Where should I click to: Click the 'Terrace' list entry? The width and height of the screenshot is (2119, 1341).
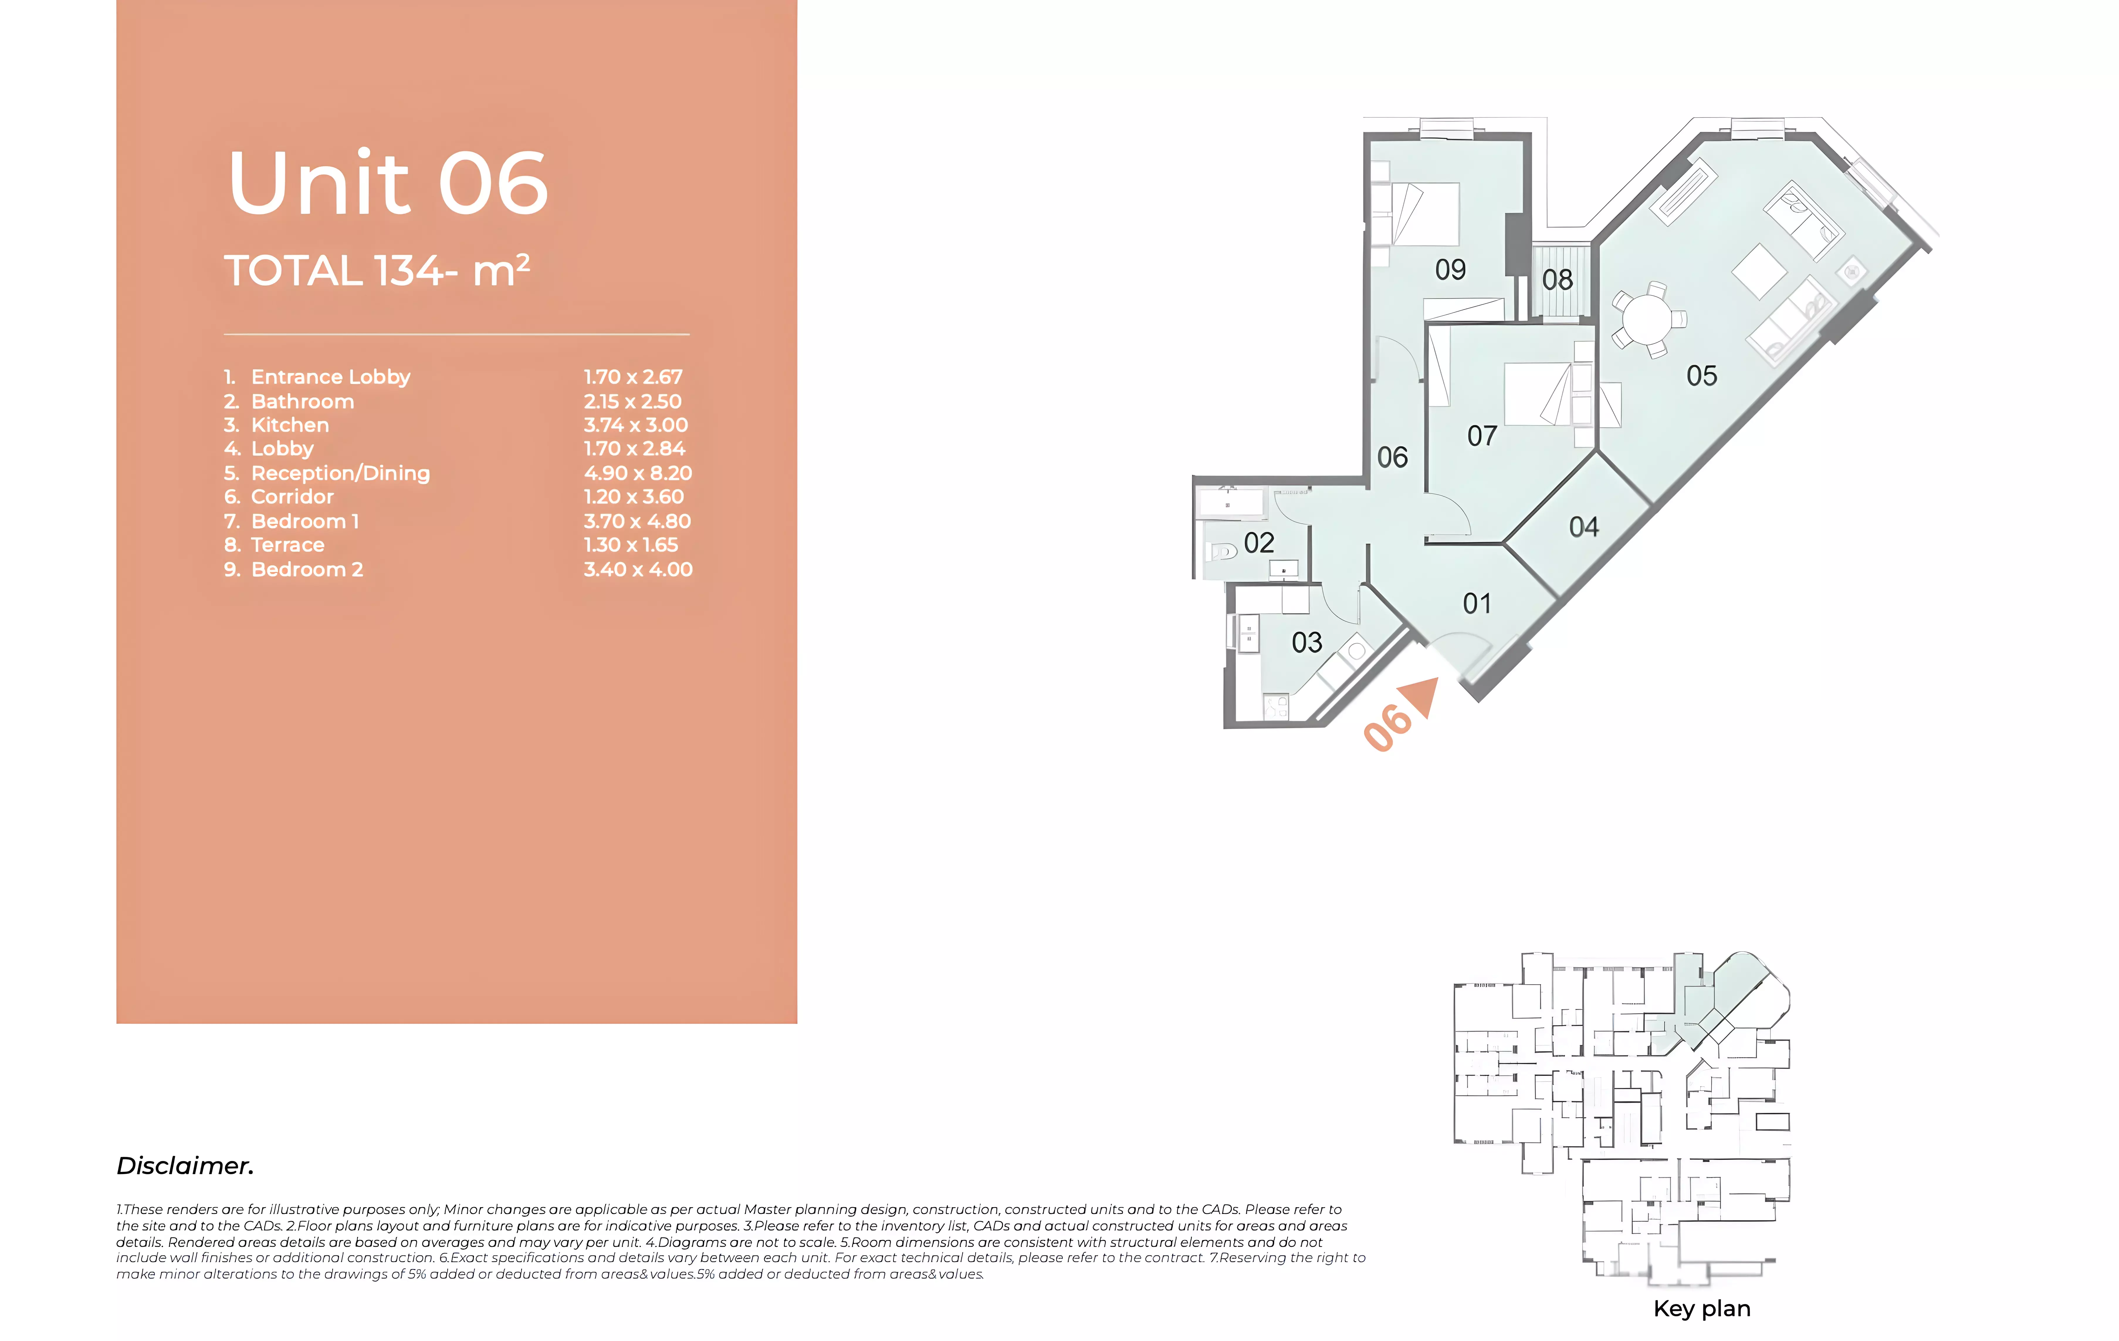tap(288, 545)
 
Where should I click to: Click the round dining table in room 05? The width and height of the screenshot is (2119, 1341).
tap(1646, 319)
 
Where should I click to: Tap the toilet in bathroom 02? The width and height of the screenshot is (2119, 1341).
tap(1223, 552)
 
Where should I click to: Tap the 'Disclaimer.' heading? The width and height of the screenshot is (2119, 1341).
tap(185, 1166)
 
